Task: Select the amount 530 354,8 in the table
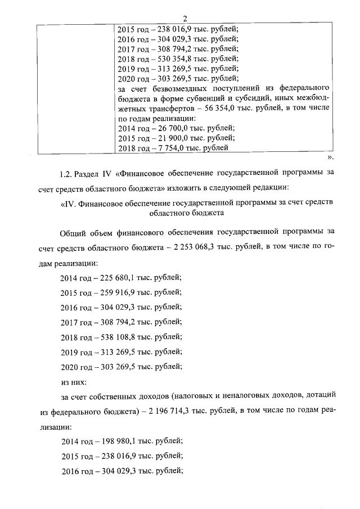170,58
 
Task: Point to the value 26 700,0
167,128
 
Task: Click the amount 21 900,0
167,138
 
